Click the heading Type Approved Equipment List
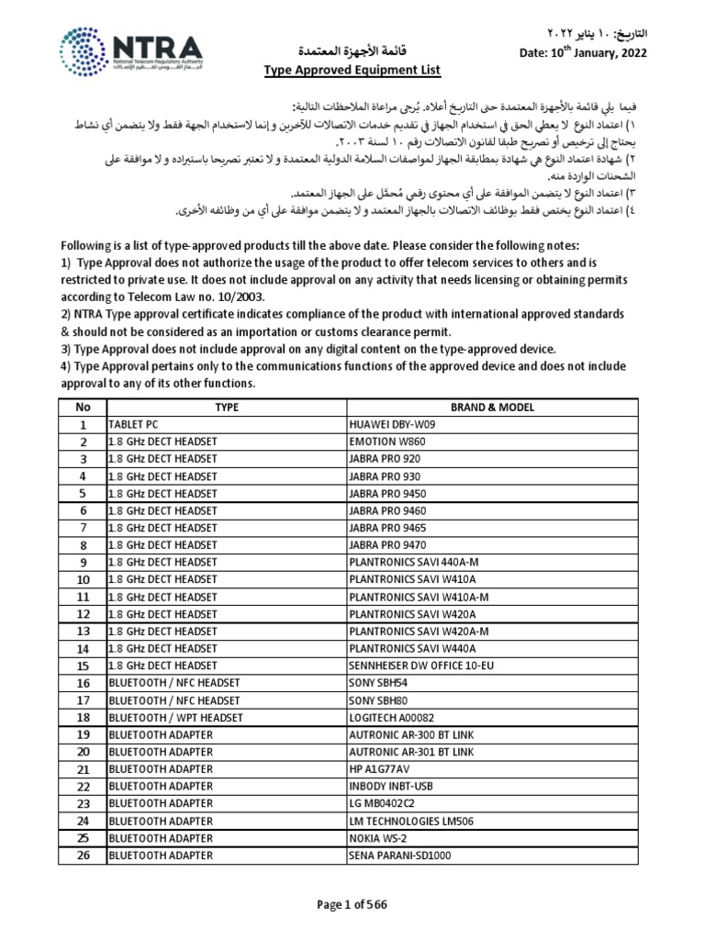point(340,70)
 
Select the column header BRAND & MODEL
point(493,407)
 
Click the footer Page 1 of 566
point(352,904)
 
